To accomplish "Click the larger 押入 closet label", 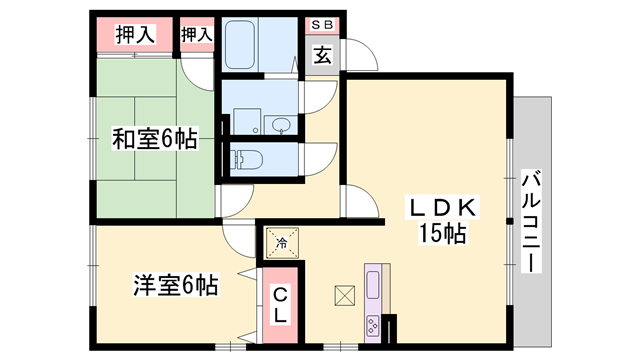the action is (135, 35).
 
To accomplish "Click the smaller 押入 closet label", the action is (197, 35).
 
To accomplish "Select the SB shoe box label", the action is (323, 24).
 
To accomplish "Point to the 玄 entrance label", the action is (323, 55).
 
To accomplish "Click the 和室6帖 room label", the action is (154, 140).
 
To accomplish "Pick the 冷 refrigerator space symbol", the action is (281, 242).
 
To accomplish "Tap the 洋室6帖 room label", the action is (176, 285).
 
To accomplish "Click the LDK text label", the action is (441, 209).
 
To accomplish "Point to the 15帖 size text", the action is (441, 235).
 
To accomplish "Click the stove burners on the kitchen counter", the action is (374, 324).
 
